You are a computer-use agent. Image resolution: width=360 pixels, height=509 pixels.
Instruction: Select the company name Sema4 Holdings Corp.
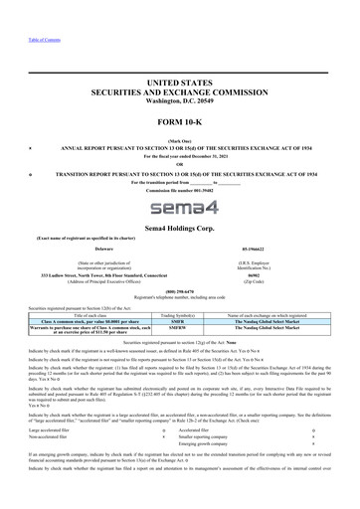(179, 228)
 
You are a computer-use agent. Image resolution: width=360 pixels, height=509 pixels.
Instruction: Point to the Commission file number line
(179, 190)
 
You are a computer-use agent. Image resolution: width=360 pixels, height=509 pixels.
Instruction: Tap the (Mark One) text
(179, 140)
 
